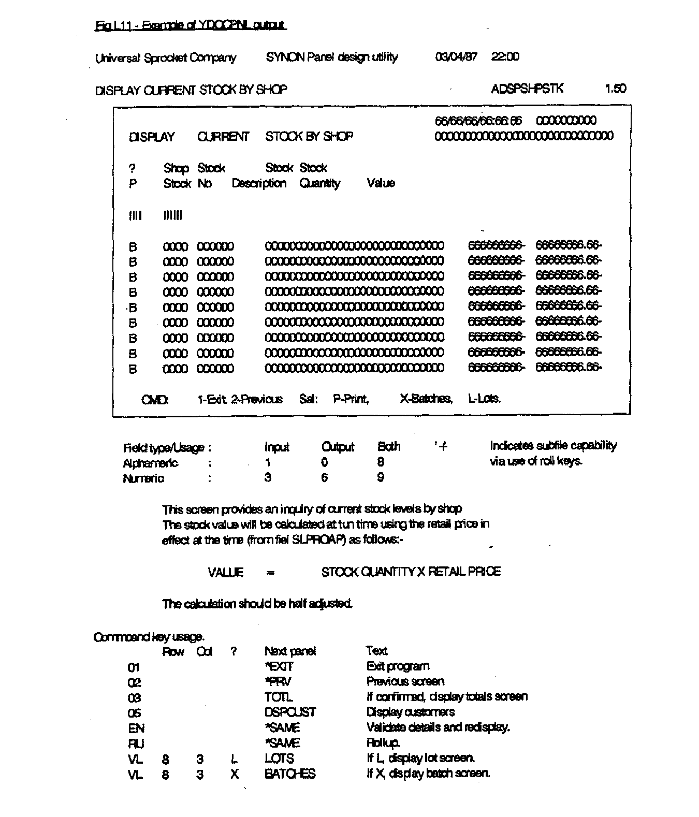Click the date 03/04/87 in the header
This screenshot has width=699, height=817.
pyautogui.click(x=456, y=57)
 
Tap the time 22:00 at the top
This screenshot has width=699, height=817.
pyautogui.click(x=505, y=57)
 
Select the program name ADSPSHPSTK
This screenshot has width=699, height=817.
pyautogui.click(x=527, y=89)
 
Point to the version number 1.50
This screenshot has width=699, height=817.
pyautogui.click(x=615, y=89)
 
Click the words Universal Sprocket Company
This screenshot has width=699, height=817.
pyautogui.click(x=166, y=58)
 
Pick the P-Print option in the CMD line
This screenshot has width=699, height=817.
pyautogui.click(x=351, y=399)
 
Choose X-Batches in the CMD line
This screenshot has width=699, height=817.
pyautogui.click(x=426, y=399)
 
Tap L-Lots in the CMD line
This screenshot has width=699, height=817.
pyautogui.click(x=484, y=399)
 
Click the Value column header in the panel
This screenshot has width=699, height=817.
pyautogui.click(x=381, y=183)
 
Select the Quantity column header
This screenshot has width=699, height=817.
pyautogui.click(x=319, y=183)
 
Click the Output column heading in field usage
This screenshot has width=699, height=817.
pyautogui.click(x=338, y=447)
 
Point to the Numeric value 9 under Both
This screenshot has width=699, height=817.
pyautogui.click(x=381, y=478)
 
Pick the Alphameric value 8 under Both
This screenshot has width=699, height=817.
pyautogui.click(x=381, y=462)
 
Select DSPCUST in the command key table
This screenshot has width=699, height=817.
pyautogui.click(x=289, y=712)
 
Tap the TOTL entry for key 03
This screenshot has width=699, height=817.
pyautogui.click(x=279, y=697)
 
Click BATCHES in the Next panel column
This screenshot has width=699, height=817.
pyautogui.click(x=289, y=774)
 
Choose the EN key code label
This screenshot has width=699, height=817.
pyautogui.click(x=136, y=728)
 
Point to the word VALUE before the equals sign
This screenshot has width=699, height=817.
pyautogui.click(x=225, y=573)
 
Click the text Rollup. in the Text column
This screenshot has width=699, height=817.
pyautogui.click(x=383, y=743)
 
